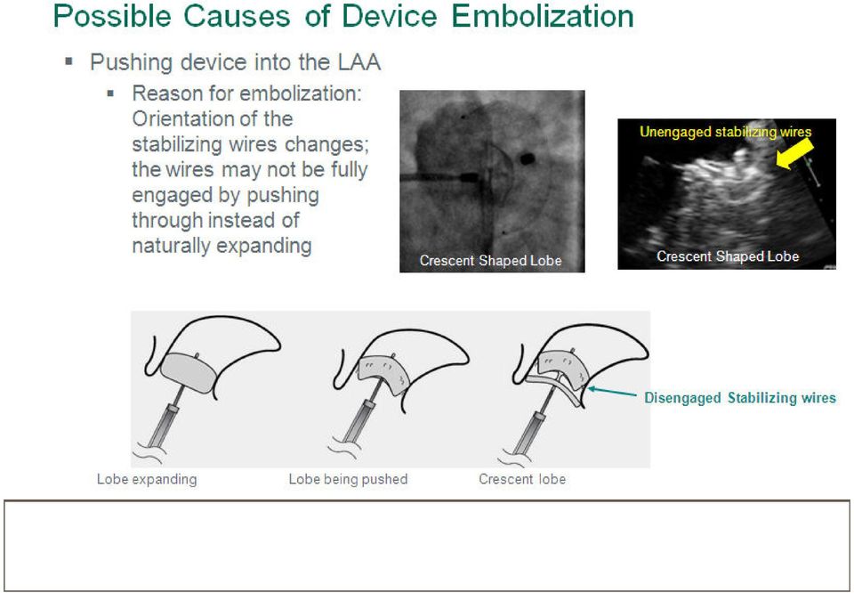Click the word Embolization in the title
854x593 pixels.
(543, 16)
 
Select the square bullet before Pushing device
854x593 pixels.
(69, 61)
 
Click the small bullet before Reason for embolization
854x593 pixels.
(110, 93)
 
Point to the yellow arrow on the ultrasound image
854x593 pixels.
(794, 152)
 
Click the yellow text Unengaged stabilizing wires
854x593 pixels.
(726, 132)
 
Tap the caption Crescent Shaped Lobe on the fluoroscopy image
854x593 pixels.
(490, 261)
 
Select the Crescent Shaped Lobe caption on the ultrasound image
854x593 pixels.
(728, 256)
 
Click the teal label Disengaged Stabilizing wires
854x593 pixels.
(740, 398)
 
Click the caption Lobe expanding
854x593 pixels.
(147, 479)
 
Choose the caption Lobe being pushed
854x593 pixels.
(348, 479)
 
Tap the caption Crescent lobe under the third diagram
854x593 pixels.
(522, 479)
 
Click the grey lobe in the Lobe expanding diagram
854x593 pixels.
(189, 373)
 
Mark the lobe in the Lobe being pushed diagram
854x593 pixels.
(383, 375)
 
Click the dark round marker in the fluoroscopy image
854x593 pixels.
(528, 159)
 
